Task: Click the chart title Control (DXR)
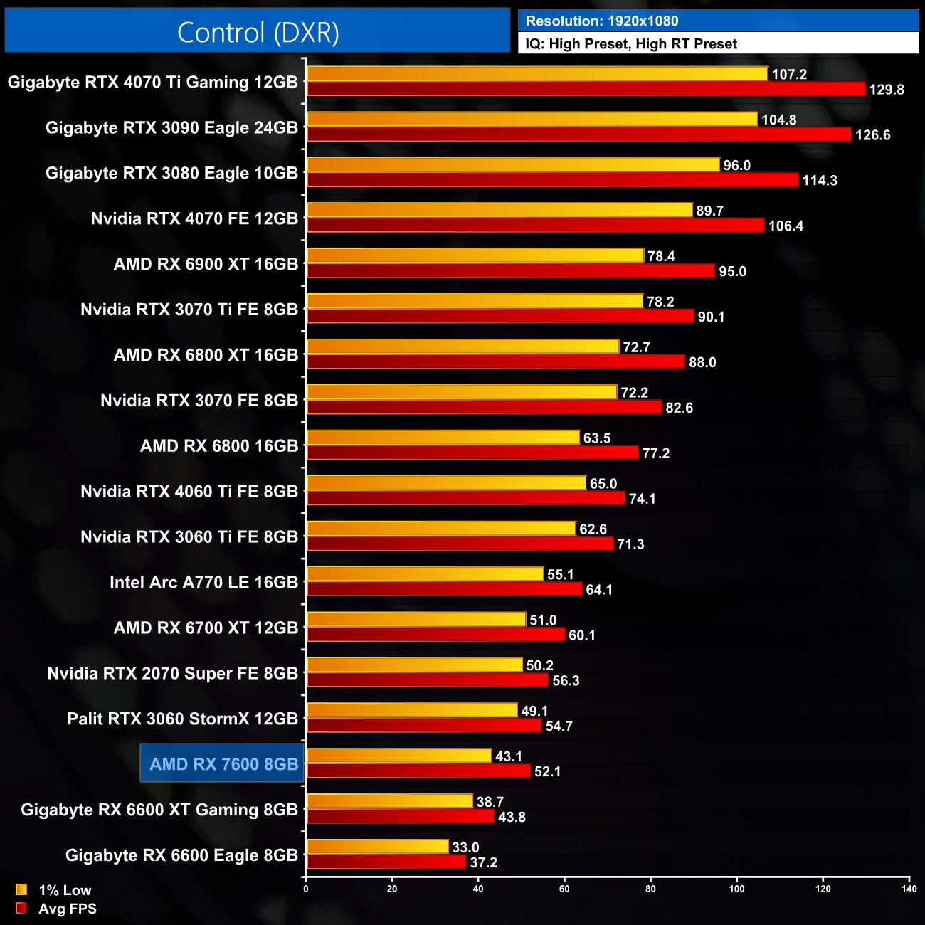pyautogui.click(x=258, y=33)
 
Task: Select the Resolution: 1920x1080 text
pyautogui.click(x=601, y=21)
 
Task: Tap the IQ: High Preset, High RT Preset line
pyautogui.click(x=631, y=44)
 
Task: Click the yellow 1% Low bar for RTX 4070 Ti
pyautogui.click(x=537, y=74)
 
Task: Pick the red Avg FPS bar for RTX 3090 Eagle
pyautogui.click(x=578, y=134)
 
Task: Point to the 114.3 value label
pyautogui.click(x=820, y=181)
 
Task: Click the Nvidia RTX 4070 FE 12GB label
pyautogui.click(x=194, y=218)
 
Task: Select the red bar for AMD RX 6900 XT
pyautogui.click(x=510, y=271)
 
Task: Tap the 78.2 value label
pyautogui.click(x=660, y=302)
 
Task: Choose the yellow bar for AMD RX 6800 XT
pyautogui.click(x=462, y=347)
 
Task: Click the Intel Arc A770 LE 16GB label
pyautogui.click(x=203, y=583)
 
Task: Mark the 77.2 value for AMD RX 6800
pyautogui.click(x=656, y=453)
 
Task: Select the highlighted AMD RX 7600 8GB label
pyautogui.click(x=223, y=764)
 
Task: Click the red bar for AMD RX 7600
pyautogui.click(x=418, y=771)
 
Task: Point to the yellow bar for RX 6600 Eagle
pyautogui.click(x=377, y=847)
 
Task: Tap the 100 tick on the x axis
pyautogui.click(x=736, y=889)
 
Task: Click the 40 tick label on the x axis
pyautogui.click(x=478, y=889)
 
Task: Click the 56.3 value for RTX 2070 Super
pyautogui.click(x=566, y=681)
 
